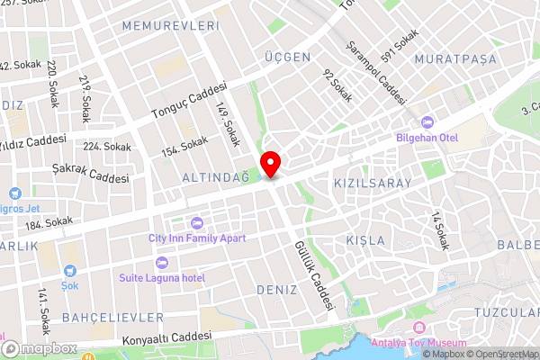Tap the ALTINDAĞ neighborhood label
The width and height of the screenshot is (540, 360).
[x=215, y=177]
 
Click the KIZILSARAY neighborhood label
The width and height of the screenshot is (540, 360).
[x=373, y=183]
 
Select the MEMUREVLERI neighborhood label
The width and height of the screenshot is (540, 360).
[x=170, y=26]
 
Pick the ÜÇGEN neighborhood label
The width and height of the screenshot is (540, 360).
[x=287, y=57]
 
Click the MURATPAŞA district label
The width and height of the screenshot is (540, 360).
[x=451, y=59]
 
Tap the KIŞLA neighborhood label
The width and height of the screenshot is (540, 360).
[x=365, y=240]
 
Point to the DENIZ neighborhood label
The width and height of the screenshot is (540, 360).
[x=276, y=290]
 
